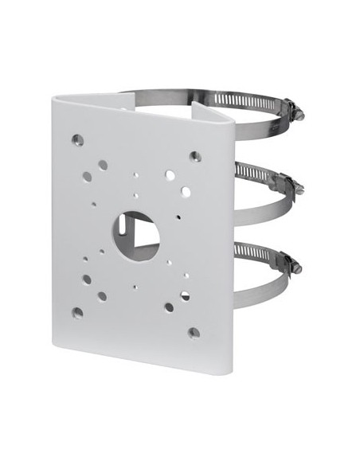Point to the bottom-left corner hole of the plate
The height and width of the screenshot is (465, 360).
point(77,311)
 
